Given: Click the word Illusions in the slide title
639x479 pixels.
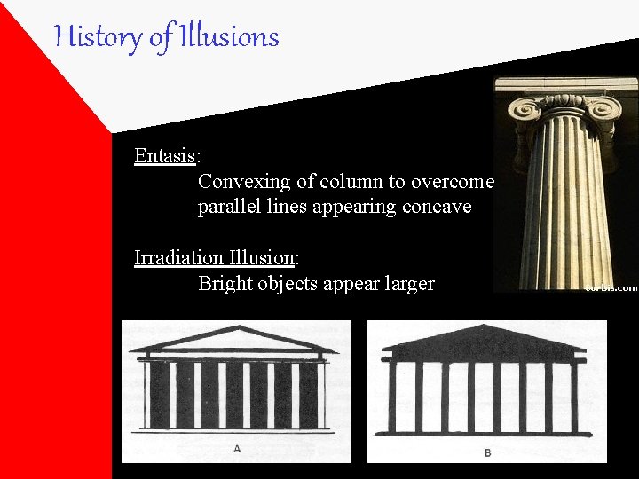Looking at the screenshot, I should coord(229,37).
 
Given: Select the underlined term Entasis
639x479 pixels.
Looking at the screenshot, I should coord(165,156).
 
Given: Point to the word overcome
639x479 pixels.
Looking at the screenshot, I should coord(457,182).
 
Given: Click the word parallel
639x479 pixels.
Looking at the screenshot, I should coord(226,208).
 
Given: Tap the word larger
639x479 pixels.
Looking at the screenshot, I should coord(406,284).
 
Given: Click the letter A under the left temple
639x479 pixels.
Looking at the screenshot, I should coord(237,450).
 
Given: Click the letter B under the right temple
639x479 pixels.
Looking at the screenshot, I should coord(487,452).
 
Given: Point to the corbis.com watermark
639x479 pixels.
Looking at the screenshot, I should coord(611,287).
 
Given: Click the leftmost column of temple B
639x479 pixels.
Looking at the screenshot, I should coord(392,396).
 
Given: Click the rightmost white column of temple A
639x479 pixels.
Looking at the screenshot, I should coord(320,395).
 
